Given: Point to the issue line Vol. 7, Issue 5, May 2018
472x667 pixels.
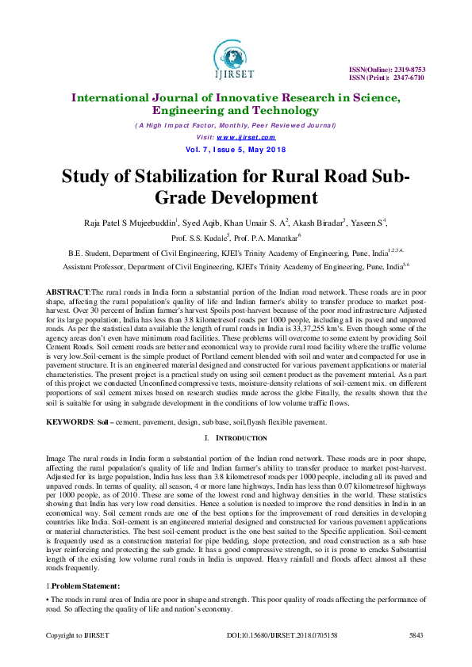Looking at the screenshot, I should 236,149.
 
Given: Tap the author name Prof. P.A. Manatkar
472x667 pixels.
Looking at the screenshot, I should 267,238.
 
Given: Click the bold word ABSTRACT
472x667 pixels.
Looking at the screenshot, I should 69,293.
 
